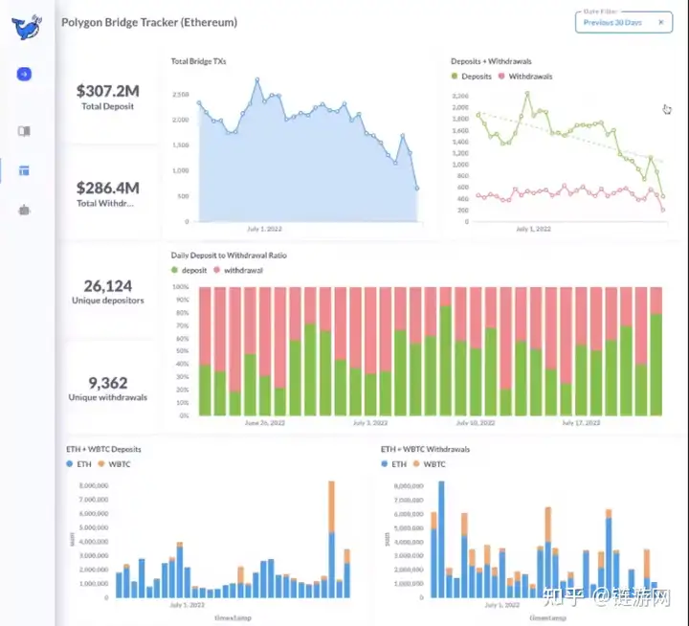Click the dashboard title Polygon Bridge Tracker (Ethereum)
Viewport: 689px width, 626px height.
[149, 22]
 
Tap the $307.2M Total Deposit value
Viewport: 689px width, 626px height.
[107, 91]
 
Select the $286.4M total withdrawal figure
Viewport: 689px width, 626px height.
[107, 188]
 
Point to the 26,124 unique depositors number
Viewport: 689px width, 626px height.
[107, 286]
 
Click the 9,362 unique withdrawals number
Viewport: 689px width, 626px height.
[107, 382]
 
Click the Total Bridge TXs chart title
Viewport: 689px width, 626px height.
[198, 61]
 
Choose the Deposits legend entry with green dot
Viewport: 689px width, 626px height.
[472, 77]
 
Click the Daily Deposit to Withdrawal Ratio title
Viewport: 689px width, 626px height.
[229, 256]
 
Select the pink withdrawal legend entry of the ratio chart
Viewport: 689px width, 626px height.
[242, 271]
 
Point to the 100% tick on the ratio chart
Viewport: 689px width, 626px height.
[181, 286]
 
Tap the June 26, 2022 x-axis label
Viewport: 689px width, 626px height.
[264, 422]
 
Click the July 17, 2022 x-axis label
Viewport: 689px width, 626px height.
[580, 422]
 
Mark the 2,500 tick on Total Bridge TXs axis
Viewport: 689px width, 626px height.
[181, 95]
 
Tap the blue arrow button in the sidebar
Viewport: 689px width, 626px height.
[24, 74]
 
